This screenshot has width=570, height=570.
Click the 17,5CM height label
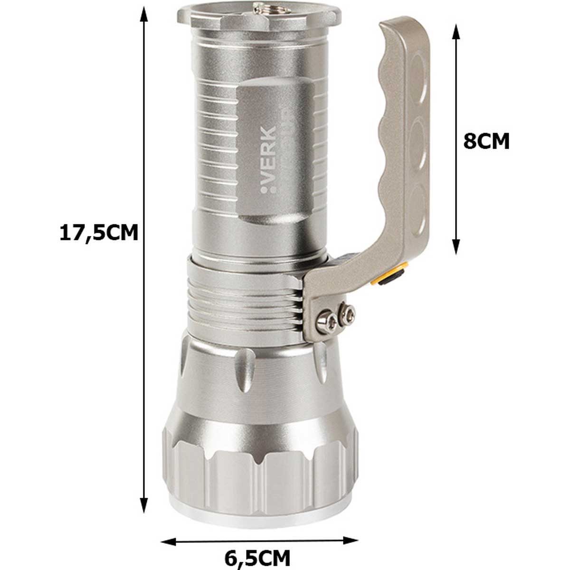pos(99,233)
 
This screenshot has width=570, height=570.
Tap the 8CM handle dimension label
pos(486,141)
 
